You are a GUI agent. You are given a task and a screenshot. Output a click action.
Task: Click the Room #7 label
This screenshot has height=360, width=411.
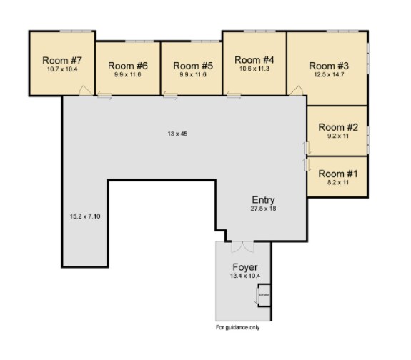tap(61, 60)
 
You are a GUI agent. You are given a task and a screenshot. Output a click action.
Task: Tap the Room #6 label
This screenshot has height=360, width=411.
tap(128, 65)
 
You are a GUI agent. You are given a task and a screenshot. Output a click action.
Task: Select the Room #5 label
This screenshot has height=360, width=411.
tap(193, 65)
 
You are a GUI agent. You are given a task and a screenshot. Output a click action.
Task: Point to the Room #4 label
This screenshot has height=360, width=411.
tap(254, 60)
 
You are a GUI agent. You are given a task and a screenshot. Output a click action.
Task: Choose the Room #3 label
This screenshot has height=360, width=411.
tap(328, 65)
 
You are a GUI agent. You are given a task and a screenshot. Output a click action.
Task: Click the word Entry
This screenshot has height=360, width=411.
tap(263, 199)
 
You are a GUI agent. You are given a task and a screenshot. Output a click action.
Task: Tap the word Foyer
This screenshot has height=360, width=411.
tap(244, 267)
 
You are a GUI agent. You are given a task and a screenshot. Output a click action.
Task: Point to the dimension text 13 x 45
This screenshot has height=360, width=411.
tap(177, 134)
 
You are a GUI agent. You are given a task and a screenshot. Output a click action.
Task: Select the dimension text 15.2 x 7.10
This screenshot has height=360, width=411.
tap(84, 216)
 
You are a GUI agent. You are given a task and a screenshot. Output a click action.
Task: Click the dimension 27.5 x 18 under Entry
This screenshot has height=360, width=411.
tap(263, 209)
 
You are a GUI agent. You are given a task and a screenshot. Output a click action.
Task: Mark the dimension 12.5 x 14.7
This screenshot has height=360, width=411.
tap(328, 74)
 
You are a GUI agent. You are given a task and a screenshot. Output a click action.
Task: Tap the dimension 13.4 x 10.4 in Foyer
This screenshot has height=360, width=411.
tap(244, 276)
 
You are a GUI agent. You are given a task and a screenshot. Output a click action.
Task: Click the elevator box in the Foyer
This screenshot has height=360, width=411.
tap(264, 295)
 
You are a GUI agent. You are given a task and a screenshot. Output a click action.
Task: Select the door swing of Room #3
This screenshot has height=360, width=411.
tap(294, 89)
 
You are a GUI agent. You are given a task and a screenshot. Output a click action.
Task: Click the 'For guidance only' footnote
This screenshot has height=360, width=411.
tap(238, 328)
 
